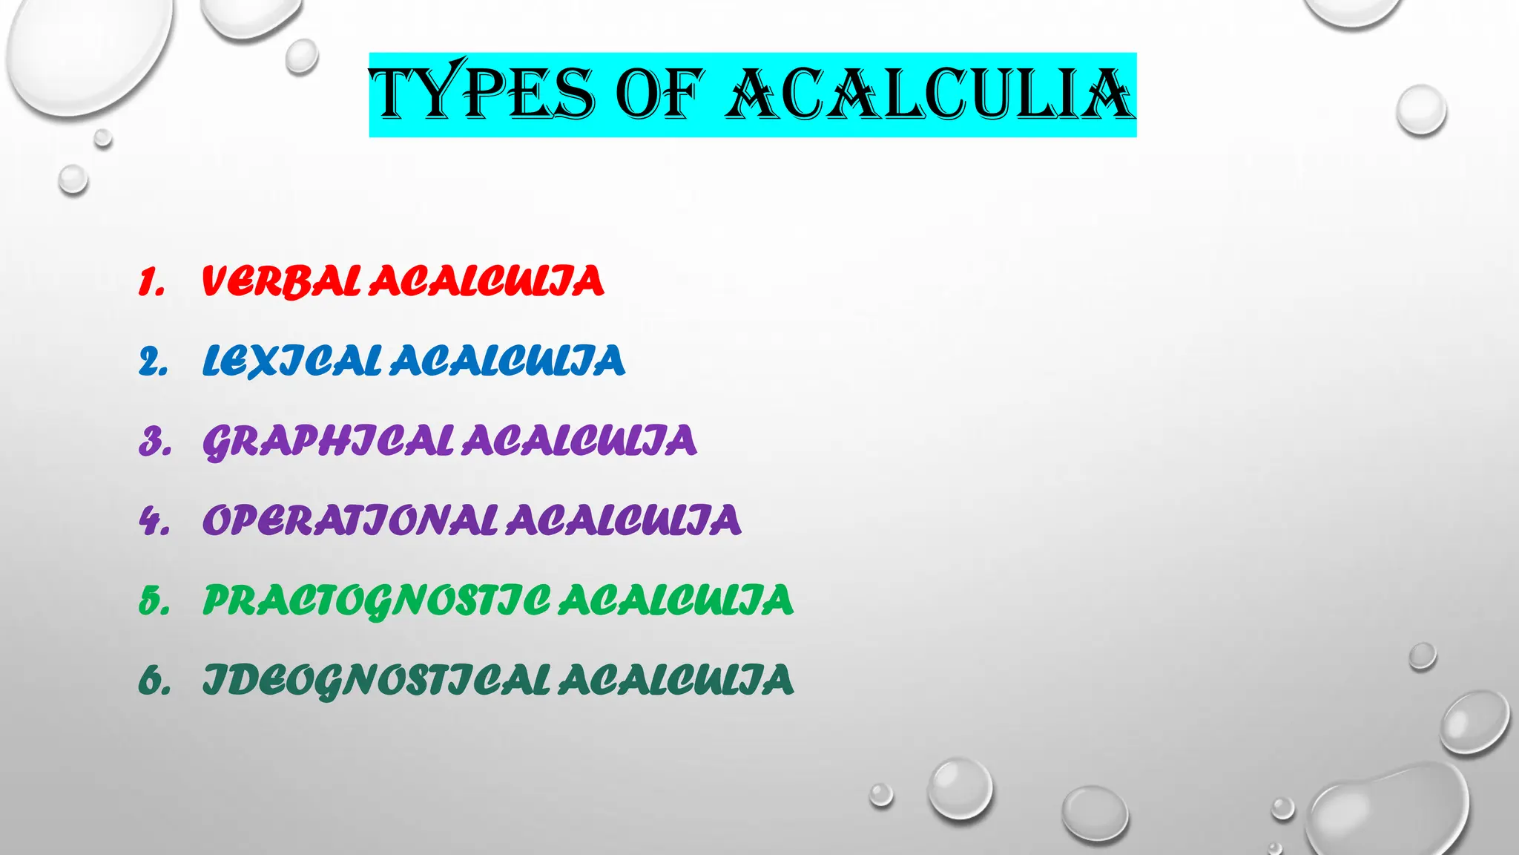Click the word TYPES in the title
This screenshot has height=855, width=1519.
coord(482,94)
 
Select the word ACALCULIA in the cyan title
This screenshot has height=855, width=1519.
coord(930,94)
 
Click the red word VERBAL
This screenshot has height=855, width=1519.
coord(281,281)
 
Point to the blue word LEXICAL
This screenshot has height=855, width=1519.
coord(291,361)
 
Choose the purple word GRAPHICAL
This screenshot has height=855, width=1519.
coord(327,441)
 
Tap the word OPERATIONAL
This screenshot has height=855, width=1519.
coord(349,520)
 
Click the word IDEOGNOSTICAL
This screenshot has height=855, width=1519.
coord(376,681)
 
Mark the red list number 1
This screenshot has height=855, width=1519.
coord(151,283)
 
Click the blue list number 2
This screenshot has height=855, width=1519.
coord(153,362)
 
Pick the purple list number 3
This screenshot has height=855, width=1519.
coord(154,442)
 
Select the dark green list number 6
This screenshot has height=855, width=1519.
coord(154,681)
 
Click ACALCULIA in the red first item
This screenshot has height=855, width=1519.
coord(487,281)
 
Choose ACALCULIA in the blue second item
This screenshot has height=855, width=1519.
coord(507,361)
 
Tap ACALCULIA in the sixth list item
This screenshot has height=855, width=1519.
coord(676,681)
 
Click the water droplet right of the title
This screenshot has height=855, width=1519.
coord(1420,110)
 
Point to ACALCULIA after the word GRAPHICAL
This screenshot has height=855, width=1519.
coord(579,441)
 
